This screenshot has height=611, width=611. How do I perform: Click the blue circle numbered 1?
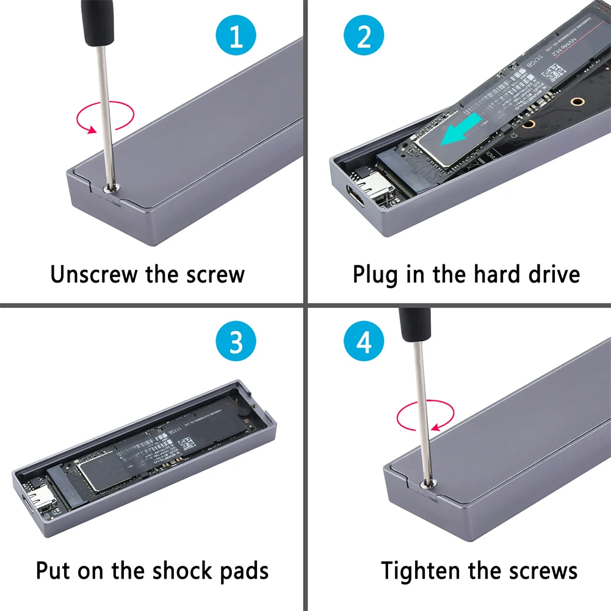point(236,37)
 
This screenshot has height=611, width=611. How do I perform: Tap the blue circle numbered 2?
point(364,37)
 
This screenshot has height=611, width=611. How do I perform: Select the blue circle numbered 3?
point(236,342)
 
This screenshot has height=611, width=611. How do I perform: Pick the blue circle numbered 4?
point(364,342)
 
